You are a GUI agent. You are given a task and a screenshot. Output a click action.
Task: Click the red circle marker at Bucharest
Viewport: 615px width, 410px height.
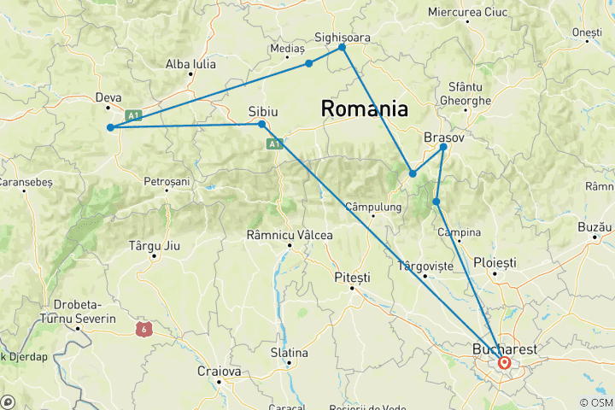[505, 363]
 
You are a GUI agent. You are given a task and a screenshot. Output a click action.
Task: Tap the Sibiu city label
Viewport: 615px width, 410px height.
[263, 111]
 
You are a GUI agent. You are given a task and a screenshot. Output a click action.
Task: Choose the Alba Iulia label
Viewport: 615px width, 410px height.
[190, 64]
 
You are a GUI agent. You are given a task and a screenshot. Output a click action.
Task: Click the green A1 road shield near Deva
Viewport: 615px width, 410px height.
[132, 114]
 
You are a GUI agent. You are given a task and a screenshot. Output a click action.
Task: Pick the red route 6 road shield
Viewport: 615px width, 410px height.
[142, 327]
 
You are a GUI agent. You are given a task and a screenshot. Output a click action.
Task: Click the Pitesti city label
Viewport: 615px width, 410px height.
[352, 278]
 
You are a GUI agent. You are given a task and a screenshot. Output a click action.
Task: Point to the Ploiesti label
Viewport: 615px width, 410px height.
[495, 261]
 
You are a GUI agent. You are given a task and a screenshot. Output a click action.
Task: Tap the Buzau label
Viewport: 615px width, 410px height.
[595, 226]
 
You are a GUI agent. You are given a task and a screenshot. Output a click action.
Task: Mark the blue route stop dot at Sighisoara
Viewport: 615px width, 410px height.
[343, 47]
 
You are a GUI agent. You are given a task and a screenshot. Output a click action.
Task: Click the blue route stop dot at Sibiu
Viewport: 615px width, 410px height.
[262, 125]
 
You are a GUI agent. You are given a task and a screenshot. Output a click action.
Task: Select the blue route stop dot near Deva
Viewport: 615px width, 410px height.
[110, 128]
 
